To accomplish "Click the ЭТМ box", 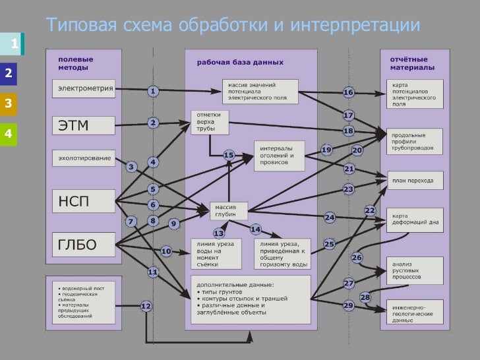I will tap(83, 125).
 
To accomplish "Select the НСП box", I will tap(83, 201).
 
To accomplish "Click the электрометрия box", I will tap(83, 87).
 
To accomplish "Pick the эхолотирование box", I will tap(83, 158).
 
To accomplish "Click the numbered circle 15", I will tap(229, 155).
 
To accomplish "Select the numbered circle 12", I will tap(146, 306).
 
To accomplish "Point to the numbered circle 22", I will tap(370, 210).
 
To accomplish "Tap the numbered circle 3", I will tap(131, 167).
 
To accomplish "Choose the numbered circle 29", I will tap(349, 305).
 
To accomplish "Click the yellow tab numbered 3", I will tap(9, 104).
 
